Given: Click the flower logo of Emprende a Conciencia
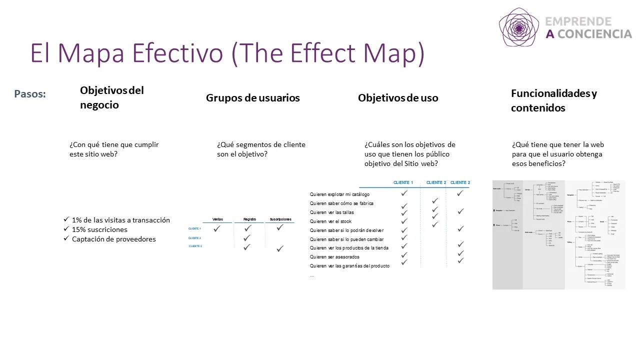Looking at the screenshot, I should click(518, 27).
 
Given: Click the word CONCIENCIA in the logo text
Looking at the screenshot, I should click(595, 34).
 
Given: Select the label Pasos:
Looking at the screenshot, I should click(30, 94).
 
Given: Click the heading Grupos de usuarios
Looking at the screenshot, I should click(252, 98).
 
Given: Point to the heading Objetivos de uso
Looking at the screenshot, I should click(397, 98).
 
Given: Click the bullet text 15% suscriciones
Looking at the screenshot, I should click(99, 229).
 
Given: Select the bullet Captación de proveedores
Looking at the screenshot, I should click(113, 239).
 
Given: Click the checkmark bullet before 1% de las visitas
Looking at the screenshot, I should click(66, 219).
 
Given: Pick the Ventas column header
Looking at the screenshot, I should click(217, 219).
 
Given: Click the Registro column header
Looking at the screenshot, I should click(249, 219).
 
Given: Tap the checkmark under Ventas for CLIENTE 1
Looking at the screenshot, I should click(217, 228).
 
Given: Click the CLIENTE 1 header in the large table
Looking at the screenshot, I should click(403, 183).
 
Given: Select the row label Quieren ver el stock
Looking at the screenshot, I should click(330, 221).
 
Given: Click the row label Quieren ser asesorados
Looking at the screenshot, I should click(334, 257).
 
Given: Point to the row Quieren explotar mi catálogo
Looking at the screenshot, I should click(339, 194).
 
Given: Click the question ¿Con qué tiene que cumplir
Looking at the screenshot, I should click(114, 144).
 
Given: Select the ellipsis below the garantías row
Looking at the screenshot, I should click(312, 275).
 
